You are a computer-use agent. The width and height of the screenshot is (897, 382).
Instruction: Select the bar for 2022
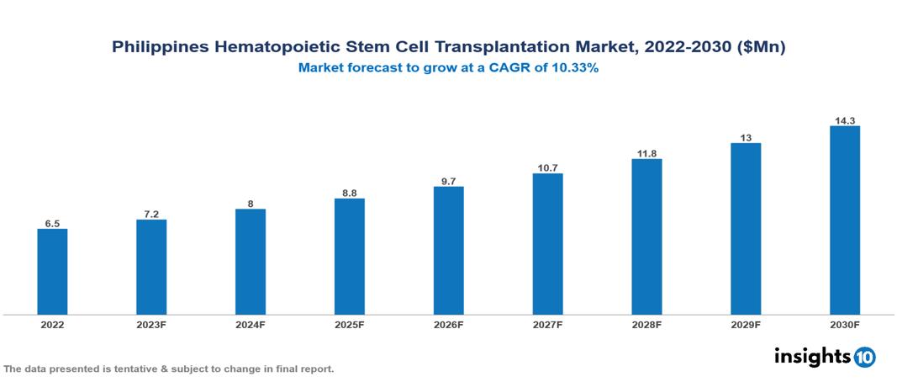pos(52,272)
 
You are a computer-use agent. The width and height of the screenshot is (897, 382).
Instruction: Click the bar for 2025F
pos(349,257)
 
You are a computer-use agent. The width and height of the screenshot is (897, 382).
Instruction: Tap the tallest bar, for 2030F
pos(844,220)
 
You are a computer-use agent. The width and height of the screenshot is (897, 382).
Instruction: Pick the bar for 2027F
pos(547,244)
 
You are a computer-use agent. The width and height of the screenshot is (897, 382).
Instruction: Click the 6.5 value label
pos(52,224)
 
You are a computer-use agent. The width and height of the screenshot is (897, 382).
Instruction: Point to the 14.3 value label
pos(844,120)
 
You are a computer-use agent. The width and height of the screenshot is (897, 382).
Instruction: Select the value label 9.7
pos(448,181)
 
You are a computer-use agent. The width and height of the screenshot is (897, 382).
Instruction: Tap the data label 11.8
pos(646,153)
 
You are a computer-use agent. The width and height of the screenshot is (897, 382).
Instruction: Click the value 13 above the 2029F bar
pos(746,137)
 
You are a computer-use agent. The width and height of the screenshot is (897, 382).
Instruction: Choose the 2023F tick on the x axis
pos(151,324)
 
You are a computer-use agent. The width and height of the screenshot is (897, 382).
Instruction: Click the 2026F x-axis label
pos(448,324)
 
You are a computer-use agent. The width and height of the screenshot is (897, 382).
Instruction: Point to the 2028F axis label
pos(646,324)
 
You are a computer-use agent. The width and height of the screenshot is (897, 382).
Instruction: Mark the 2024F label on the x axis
pos(251,324)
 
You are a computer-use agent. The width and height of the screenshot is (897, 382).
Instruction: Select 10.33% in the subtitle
pos(572,68)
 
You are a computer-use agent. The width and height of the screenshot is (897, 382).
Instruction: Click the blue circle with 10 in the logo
pos(864,357)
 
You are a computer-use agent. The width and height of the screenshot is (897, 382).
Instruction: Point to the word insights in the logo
pos(812,356)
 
